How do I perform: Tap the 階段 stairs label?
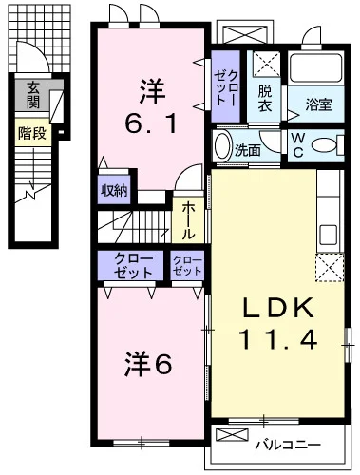[x=31, y=132]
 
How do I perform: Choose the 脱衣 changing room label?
[x=266, y=99]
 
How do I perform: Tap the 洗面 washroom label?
[x=248, y=149]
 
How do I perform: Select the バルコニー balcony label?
[x=284, y=443]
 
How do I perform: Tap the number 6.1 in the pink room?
[x=150, y=123]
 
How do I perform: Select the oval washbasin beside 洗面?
[x=222, y=148]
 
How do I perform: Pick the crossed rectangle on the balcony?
[x=233, y=435]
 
